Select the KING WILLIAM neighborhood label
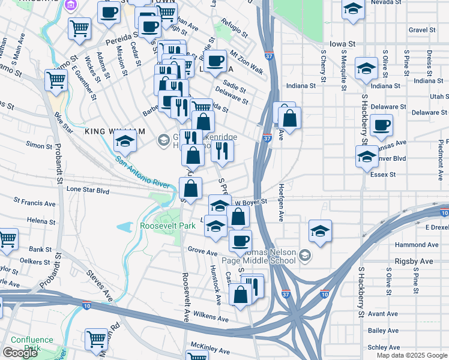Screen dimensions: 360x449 coord(115,131)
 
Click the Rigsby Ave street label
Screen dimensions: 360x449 coord(414,262)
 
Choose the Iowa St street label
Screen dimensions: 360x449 coord(343,44)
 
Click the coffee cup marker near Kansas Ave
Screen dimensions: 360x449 coord(381,126)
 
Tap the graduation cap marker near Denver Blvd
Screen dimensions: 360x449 coord(366,157)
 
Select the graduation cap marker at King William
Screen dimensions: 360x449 coord(125,142)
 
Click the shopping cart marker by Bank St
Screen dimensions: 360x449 coord(7,239)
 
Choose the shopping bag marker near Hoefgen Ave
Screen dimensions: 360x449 coord(289,119)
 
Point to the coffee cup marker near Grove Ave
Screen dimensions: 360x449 coord(240,241)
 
